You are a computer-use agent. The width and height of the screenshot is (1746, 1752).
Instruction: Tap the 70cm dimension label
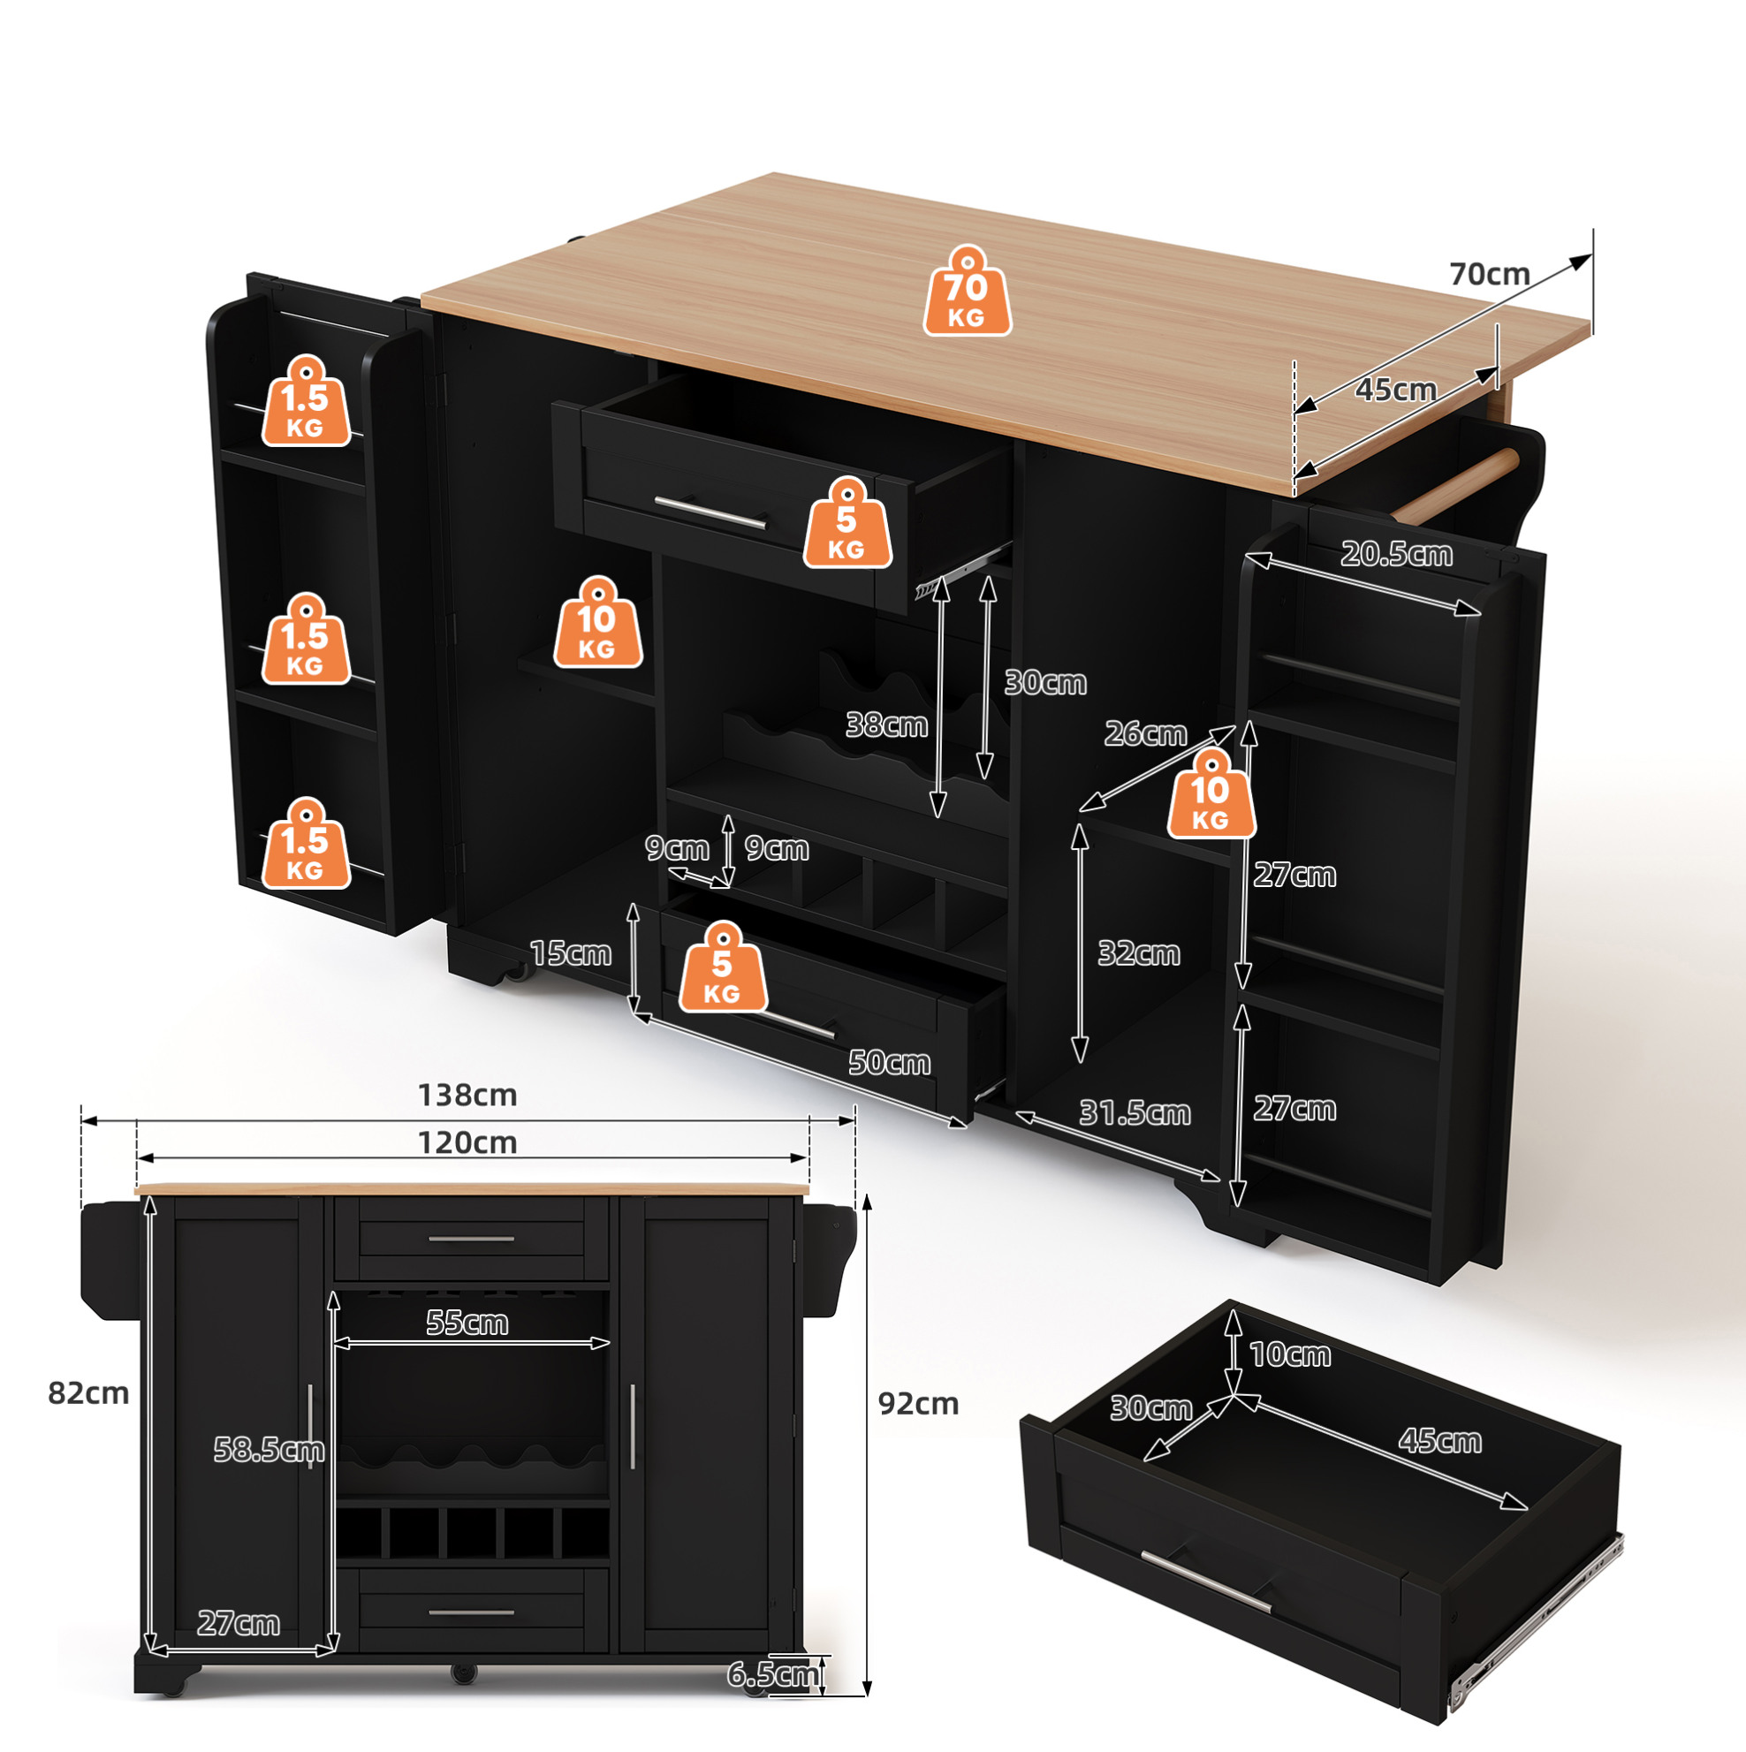tap(1490, 274)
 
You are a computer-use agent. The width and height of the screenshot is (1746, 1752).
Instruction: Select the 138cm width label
tap(467, 1096)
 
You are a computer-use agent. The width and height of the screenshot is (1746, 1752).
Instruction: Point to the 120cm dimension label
tap(467, 1142)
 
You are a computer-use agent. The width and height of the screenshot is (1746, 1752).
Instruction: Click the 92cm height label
tap(918, 1404)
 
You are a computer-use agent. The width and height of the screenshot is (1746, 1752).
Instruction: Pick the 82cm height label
tap(88, 1393)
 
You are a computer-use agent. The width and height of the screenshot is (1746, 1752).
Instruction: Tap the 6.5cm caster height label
tap(772, 1674)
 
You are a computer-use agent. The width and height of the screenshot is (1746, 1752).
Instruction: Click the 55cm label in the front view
tap(467, 1323)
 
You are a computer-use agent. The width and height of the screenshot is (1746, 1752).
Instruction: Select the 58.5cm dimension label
tap(269, 1450)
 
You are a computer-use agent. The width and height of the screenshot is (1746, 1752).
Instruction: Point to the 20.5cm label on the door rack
tap(1396, 554)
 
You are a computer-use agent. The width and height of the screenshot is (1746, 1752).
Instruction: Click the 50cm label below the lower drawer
tap(889, 1063)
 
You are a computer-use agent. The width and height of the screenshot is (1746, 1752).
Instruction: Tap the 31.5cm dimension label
tap(1134, 1112)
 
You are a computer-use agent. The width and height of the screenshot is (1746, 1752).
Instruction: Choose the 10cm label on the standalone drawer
tap(1290, 1354)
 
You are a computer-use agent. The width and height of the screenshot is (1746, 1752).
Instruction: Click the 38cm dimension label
tap(886, 724)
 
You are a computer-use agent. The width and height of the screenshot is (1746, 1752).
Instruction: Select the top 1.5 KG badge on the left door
tap(306, 400)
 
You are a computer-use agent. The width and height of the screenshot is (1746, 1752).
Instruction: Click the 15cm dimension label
tap(570, 953)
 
